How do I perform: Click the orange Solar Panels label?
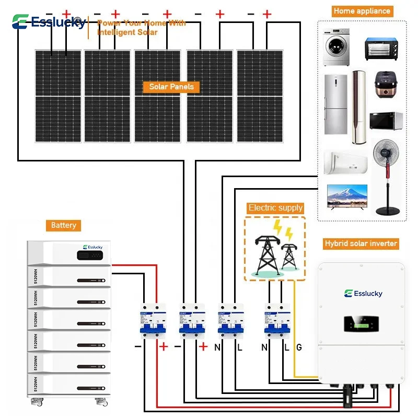pyautogui.click(x=171, y=87)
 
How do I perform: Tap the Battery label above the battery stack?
pyautogui.click(x=63, y=225)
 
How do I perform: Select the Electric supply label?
pyautogui.click(x=275, y=208)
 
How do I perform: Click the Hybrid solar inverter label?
pyautogui.click(x=361, y=243)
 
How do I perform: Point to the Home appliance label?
pyautogui.click(x=362, y=11)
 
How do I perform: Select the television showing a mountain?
pyautogui.click(x=344, y=197)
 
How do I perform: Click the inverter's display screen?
pyautogui.click(x=363, y=324)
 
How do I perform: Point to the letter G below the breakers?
pyautogui.click(x=299, y=347)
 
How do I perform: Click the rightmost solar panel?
pyautogui.click(x=260, y=96)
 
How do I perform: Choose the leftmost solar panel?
pyautogui.click(x=58, y=96)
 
